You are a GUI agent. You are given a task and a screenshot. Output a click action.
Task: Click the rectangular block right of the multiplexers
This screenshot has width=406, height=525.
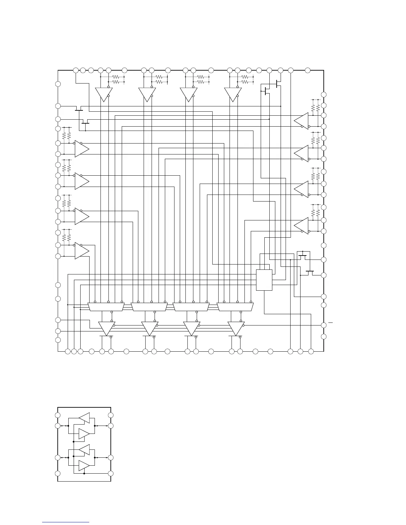point(264,280)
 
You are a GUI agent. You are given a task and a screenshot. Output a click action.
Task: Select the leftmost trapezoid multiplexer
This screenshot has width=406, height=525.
point(106,307)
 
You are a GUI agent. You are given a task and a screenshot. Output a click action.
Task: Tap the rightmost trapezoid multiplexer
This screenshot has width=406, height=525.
point(235,307)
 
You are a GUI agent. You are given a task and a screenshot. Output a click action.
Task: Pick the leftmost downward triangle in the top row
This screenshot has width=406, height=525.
point(103,94)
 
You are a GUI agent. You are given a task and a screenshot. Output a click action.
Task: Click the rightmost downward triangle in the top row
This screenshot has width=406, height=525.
point(233,94)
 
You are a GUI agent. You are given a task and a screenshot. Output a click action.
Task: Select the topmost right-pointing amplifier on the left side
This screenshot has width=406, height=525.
point(82,149)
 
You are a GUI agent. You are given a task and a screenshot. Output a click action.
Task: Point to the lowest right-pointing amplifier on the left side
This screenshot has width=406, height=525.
point(82,251)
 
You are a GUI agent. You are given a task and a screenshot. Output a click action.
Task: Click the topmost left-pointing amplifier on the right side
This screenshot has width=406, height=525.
point(302,121)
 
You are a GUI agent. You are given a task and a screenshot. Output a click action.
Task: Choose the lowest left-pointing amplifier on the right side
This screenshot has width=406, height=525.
point(302,226)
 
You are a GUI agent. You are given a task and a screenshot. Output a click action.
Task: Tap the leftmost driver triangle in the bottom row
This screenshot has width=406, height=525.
point(107,328)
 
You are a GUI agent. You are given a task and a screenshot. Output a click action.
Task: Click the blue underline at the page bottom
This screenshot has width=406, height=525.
point(66,522)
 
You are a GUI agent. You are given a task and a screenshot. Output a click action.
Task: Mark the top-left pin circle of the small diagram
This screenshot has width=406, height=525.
point(58,415)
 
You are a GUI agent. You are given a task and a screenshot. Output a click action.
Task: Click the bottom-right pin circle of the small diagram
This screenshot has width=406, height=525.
point(111,474)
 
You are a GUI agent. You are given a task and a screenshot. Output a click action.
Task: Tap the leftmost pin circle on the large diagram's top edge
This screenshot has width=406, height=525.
point(76,70)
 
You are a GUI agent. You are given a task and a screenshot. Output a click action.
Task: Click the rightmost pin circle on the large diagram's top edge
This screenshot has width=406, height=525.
point(307,70)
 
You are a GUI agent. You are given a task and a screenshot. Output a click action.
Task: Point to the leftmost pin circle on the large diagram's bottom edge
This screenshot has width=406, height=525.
point(68,351)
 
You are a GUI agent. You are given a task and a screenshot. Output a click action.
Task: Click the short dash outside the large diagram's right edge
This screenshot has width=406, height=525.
point(330,322)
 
